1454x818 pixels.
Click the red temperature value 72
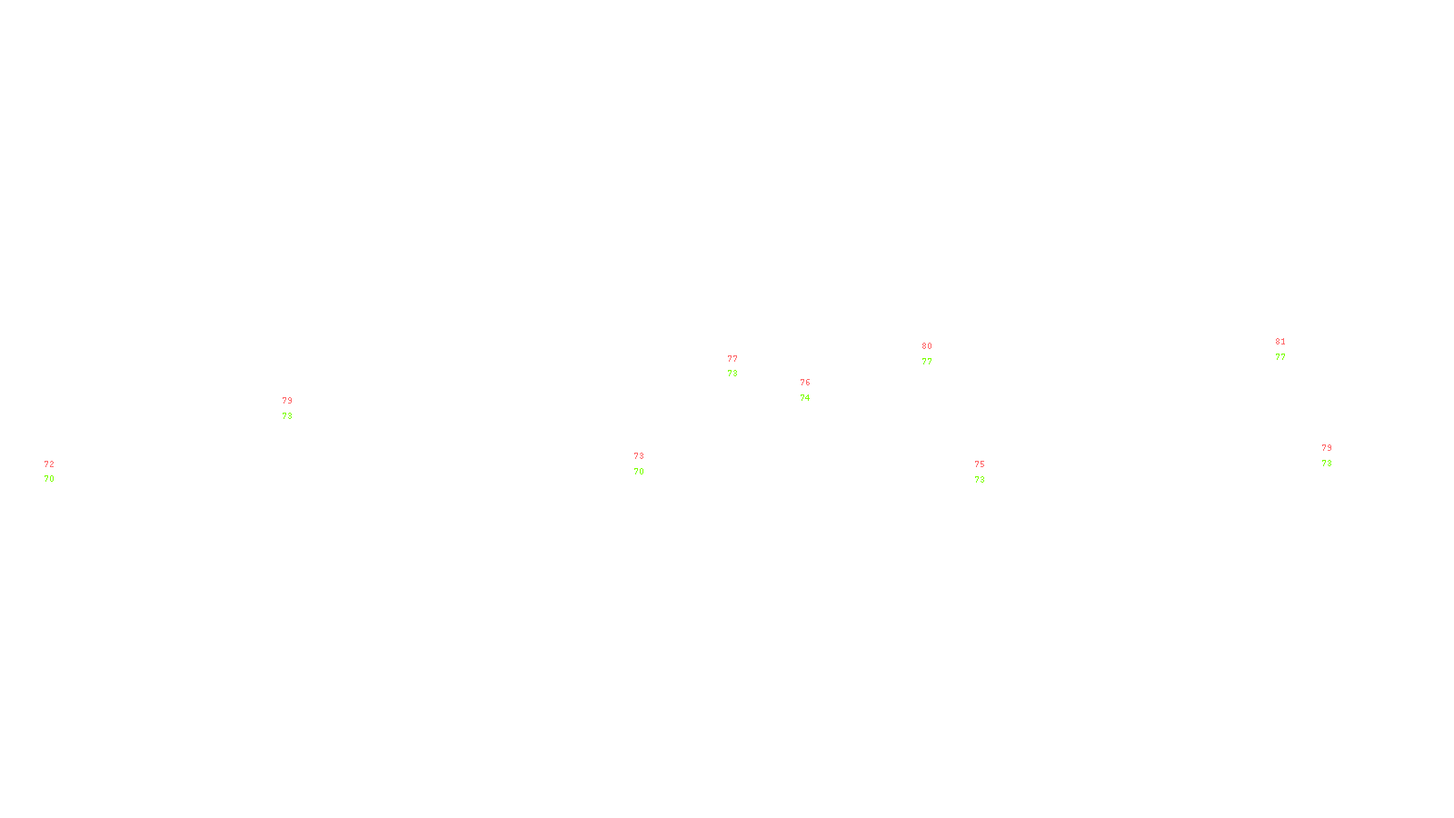49,464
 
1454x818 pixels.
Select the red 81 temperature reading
1280,342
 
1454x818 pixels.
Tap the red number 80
927,346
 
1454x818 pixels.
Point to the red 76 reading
805,383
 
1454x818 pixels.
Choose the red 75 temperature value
980,464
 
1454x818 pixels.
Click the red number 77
732,359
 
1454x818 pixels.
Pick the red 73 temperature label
639,456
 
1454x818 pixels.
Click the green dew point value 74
805,398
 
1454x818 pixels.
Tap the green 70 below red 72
49,479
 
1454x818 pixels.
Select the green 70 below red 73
639,472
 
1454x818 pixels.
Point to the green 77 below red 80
927,362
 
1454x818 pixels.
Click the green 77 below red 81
1280,358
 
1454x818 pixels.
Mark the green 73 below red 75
980,480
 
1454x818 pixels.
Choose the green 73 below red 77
732,374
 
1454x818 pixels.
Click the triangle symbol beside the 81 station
1280,351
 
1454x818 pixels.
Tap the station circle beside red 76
813,391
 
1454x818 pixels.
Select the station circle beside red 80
936,354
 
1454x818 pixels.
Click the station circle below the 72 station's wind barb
57,472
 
